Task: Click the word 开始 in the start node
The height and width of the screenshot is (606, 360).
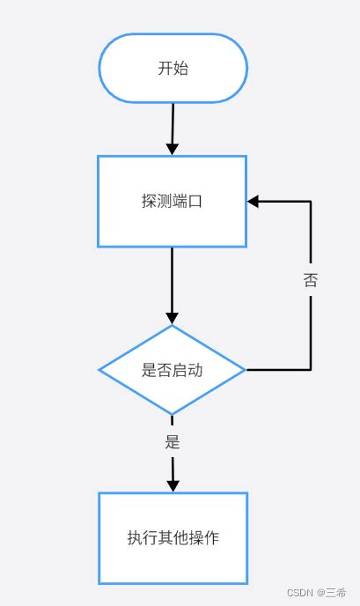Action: pos(173,69)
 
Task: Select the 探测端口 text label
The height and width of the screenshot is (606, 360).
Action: pos(172,201)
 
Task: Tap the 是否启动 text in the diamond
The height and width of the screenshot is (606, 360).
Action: pos(172,370)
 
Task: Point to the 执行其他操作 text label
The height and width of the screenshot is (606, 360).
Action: pos(173,537)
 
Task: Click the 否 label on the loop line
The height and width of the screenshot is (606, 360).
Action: pos(311,280)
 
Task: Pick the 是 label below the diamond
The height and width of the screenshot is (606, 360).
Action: pos(173,442)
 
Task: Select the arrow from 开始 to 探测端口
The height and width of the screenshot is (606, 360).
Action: pos(173,129)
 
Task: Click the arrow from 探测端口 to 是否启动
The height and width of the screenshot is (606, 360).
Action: pos(173,286)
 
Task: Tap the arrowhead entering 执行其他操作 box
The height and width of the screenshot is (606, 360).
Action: pos(173,484)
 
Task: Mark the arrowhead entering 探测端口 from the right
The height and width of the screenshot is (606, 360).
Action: pos(253,201)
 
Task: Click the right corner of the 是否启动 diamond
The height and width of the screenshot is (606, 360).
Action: pos(245,370)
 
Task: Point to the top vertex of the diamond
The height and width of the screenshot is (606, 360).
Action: pos(173,326)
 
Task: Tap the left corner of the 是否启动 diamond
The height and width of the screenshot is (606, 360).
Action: pos(99,370)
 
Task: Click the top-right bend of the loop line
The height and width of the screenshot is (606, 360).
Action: pos(311,201)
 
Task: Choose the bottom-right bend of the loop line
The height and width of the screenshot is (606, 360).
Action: pos(311,370)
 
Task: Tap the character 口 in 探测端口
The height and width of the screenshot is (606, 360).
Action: pos(195,201)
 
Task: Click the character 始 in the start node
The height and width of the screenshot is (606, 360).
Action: pos(180,69)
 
